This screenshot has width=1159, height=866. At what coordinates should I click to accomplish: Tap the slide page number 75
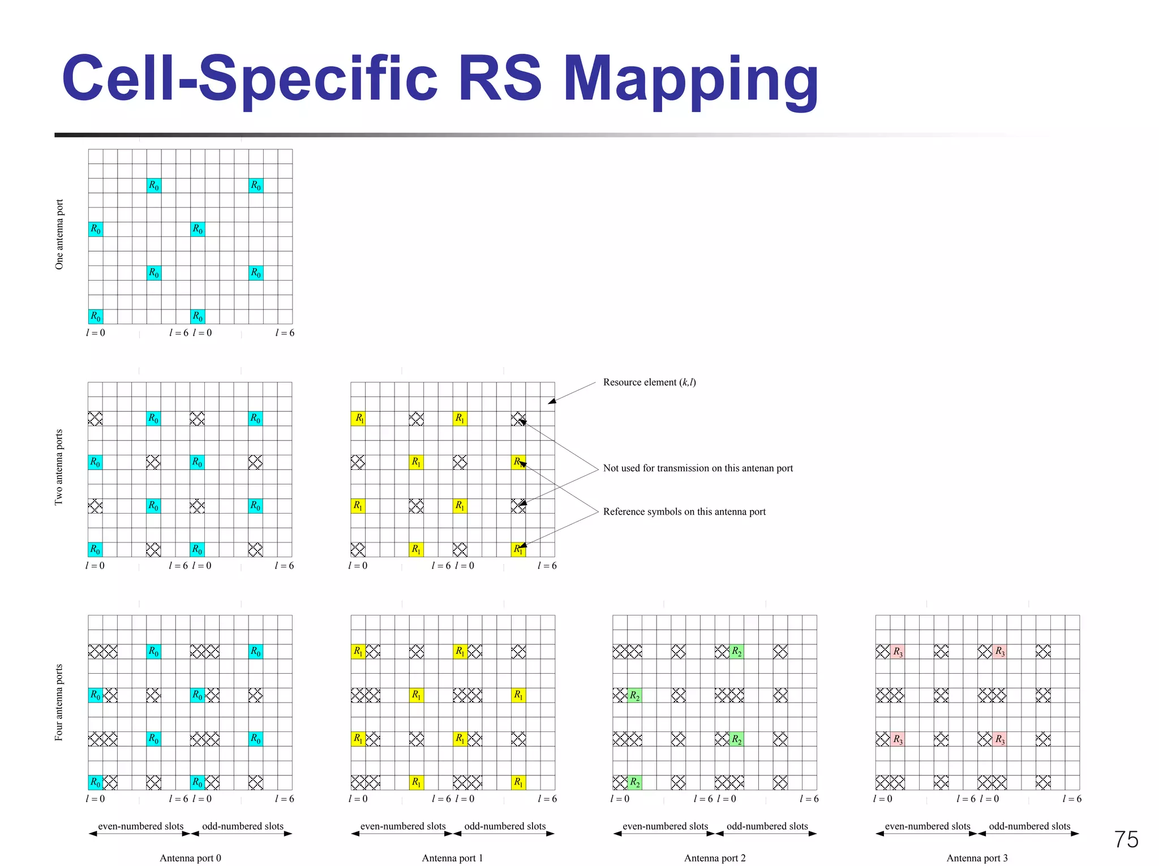coord(1126,839)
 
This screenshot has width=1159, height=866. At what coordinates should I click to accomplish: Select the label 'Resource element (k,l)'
coord(649,382)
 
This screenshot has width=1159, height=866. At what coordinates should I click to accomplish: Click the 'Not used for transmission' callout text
coord(698,468)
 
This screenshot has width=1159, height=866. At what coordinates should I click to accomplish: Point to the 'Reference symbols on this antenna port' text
coord(684,512)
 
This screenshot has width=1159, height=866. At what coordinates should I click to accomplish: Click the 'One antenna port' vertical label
coord(59,234)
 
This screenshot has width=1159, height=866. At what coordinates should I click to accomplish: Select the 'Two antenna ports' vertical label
coord(59,467)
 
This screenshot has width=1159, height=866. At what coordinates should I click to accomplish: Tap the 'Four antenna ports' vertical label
coord(59,702)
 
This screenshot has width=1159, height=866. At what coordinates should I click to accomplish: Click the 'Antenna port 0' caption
coord(190,858)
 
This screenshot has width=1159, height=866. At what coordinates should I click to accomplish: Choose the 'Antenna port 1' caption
coord(452,858)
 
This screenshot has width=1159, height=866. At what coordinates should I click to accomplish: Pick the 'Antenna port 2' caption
coord(715,858)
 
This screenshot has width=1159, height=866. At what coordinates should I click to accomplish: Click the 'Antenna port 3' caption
coord(977,858)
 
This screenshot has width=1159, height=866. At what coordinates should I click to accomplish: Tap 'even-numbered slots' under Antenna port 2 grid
coord(665,826)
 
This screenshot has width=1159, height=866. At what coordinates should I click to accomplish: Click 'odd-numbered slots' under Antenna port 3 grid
coord(1029,826)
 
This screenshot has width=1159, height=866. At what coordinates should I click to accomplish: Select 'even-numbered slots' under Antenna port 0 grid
coord(141,826)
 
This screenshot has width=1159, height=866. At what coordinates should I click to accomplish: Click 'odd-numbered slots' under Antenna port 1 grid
coord(505,826)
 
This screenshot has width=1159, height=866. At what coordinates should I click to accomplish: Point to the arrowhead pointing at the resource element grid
coord(551,402)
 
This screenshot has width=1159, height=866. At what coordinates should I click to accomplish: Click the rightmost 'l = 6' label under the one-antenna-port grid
coord(285,333)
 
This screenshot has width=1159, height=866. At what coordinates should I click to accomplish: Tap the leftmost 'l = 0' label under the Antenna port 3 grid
coord(882,799)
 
